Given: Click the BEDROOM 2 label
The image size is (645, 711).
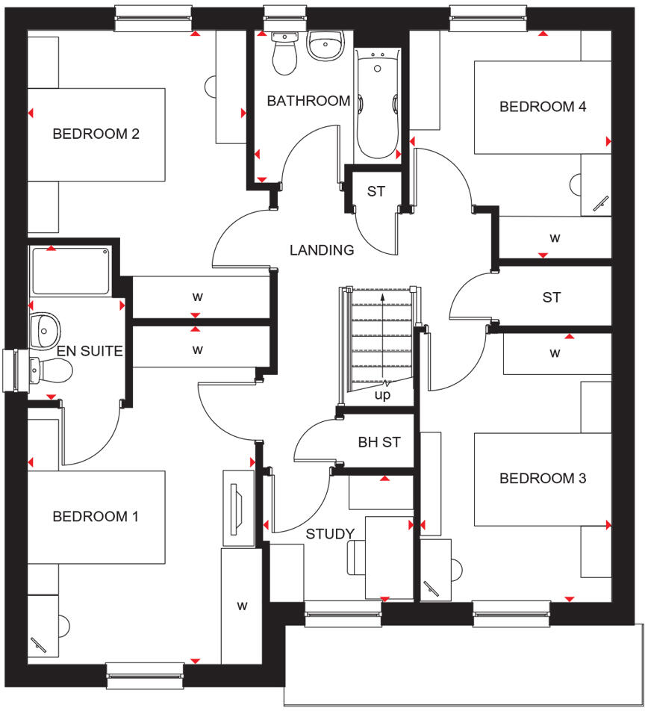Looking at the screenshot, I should click(x=96, y=134).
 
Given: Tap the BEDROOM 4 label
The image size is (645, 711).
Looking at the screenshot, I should click(x=543, y=107).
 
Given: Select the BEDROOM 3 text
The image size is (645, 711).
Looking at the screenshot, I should click(x=543, y=478).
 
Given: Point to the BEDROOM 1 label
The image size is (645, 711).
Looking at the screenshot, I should click(x=96, y=517).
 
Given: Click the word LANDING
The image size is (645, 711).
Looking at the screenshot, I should click(x=322, y=250).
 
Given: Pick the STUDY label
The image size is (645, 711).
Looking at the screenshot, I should click(x=330, y=534).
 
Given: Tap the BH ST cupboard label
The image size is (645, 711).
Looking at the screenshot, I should click(x=379, y=442).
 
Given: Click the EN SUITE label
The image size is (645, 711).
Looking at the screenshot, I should click(x=90, y=350).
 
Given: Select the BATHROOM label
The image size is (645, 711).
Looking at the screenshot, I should click(x=308, y=101).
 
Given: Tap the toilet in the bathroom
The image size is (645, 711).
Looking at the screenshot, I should click(x=284, y=55).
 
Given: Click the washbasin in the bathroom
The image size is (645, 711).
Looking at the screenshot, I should click(x=324, y=48).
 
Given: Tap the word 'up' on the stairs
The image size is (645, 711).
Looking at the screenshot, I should click(x=382, y=395).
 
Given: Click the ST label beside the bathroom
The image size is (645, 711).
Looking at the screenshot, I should click(x=376, y=192).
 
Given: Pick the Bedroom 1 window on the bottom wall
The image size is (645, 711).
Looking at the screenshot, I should click(x=145, y=676).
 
